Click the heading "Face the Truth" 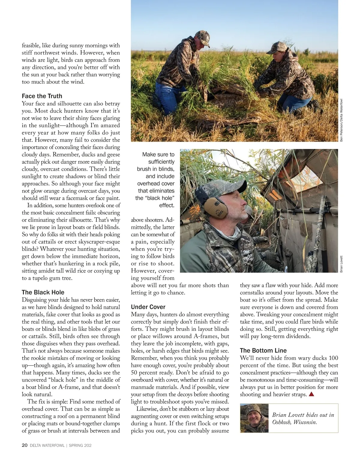pos(42,96)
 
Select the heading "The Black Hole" pos(43,292)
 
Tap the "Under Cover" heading pos(148,307)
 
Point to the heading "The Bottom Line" pos(263,351)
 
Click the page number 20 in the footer pos(25,445)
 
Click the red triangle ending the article pos(311,394)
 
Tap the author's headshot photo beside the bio pos(254,418)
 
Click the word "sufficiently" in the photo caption pos(161,162)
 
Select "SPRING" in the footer pos(76,445)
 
